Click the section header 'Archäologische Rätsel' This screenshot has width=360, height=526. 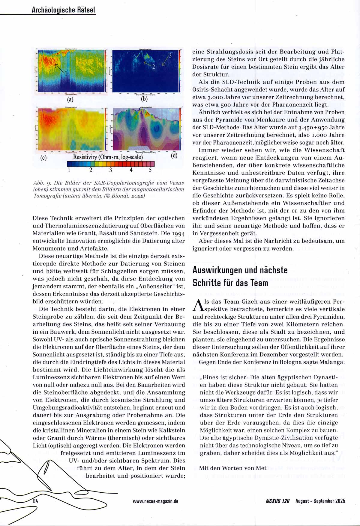coord(64,10)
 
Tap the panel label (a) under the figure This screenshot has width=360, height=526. coord(70,99)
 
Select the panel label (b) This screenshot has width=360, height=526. coord(144,99)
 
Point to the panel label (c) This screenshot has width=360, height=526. coord(43,157)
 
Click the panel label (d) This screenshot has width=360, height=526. coord(174,155)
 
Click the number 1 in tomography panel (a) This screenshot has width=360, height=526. coord(66,73)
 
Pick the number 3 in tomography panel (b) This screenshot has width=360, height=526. coord(170,56)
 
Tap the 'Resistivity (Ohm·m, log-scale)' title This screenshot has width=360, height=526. coord(108,157)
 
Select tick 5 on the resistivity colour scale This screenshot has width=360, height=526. coord(150,170)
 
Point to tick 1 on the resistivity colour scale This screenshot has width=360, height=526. coord(69,170)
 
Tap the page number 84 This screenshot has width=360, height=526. coord(36,501)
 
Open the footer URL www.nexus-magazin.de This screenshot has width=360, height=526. coord(155,501)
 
